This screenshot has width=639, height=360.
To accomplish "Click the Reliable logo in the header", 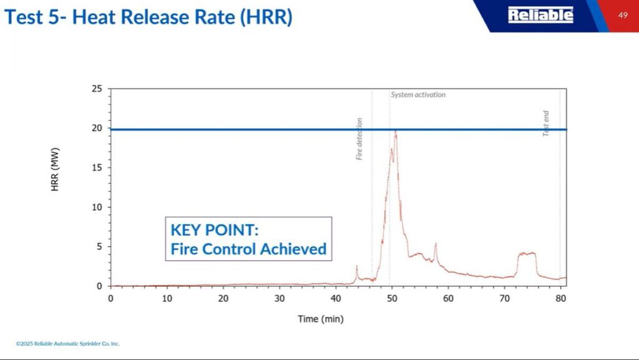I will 540,15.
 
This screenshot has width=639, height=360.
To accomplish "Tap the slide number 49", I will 623,15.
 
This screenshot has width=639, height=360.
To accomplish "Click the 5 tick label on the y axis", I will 99,246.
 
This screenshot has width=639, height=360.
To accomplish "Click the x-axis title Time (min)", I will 321,319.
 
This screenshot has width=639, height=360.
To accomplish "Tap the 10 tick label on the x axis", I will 167,298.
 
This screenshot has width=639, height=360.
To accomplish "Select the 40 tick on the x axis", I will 336,298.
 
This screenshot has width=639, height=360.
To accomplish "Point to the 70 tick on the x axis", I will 504,298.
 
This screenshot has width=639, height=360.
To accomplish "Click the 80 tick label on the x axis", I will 560,298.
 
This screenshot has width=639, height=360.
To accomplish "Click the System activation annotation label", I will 418,95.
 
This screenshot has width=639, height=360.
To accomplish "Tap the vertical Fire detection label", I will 359,139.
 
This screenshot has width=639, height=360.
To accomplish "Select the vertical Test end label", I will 546,124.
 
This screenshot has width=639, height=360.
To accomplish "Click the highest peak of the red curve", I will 395,132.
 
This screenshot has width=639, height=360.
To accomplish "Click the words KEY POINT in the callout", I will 214,230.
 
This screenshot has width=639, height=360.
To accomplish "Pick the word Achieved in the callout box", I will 293,249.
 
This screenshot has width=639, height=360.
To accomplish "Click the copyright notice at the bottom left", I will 67,344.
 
